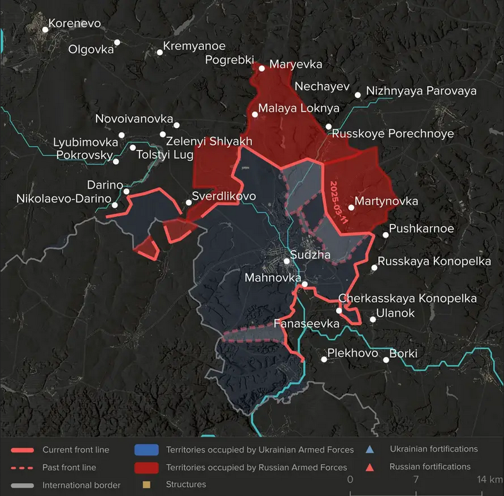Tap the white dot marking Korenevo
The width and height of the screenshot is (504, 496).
pos(45,28)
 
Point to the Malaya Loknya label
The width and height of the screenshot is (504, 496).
pos(290,108)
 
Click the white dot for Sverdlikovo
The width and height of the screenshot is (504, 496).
pos(188,203)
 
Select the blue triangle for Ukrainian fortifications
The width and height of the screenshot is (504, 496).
pos(369,449)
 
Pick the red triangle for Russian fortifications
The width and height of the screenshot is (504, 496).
pos(369,467)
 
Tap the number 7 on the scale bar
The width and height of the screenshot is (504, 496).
pos(416,480)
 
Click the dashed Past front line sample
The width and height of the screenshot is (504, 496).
pos(22,468)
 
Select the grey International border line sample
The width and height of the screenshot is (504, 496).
pos(22,485)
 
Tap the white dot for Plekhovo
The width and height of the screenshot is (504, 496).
pos(324,359)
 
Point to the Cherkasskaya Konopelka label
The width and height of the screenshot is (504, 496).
pos(407,298)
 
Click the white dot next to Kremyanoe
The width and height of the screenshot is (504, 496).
pos(160,52)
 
